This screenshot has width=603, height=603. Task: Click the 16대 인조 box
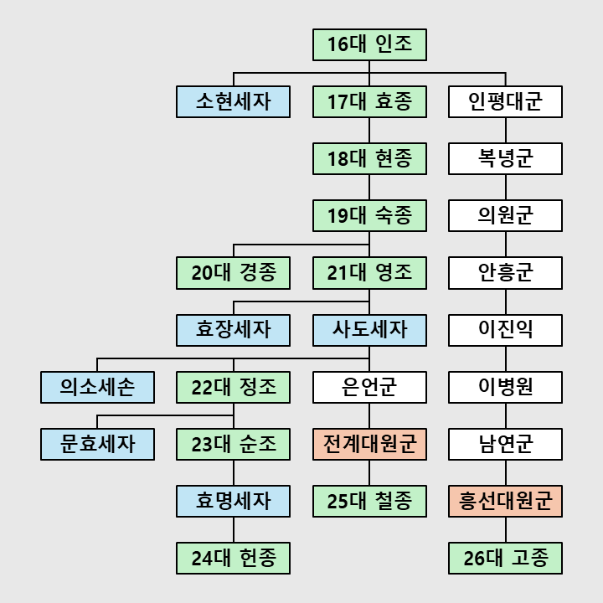tap(369, 44)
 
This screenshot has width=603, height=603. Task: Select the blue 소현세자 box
tap(233, 102)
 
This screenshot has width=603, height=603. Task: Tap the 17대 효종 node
tap(369, 102)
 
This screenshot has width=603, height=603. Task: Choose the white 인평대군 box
tap(505, 102)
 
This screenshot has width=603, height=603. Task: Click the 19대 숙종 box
tap(369, 216)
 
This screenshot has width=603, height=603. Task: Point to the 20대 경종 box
tap(233, 273)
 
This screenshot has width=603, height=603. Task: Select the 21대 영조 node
tap(369, 273)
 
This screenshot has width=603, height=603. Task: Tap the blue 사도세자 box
tap(369, 330)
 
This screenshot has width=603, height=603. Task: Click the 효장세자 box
tap(233, 330)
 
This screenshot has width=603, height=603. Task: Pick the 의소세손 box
tap(97, 387)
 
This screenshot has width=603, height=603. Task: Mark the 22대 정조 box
tap(233, 387)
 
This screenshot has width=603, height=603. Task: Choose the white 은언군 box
tap(369, 387)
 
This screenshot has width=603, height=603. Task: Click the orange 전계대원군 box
tap(369, 444)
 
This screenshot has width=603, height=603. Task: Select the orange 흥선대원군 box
tap(505, 501)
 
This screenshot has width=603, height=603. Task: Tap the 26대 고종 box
tap(505, 559)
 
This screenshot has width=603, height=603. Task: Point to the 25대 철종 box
tap(369, 501)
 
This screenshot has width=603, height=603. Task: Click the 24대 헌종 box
tap(233, 559)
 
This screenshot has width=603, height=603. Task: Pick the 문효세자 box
tap(97, 444)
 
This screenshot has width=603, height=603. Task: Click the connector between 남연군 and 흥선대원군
tap(505, 472)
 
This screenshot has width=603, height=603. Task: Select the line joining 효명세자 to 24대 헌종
tap(233, 529)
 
